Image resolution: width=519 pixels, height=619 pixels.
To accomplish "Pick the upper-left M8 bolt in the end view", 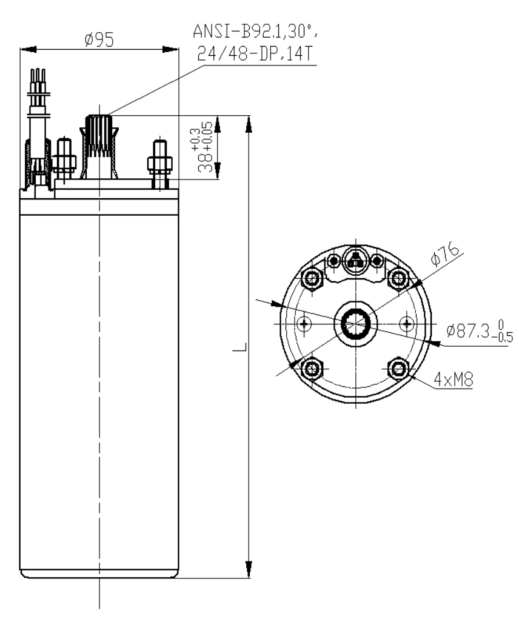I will coord(312,278).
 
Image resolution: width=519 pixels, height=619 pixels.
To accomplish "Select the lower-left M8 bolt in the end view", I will coord(312,367).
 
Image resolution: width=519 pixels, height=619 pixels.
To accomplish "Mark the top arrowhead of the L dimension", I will coord(248,123).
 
